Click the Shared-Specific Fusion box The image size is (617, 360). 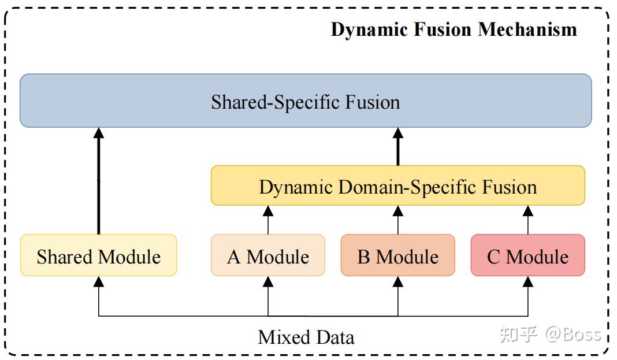tap(306, 101)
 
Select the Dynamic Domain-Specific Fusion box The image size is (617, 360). tap(397, 186)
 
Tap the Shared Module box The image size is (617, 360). tap(98, 255)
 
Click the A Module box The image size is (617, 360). tap(268, 255)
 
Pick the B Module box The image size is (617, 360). tap(397, 255)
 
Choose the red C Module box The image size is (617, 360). tap(527, 255)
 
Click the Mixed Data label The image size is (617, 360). tap(306, 337)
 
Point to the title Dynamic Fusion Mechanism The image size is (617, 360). tap(454, 29)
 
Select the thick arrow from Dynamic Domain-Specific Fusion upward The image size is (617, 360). tap(397, 147)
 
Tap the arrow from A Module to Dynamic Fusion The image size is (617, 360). tap(268, 220)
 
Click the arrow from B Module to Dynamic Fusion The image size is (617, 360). tap(397, 220)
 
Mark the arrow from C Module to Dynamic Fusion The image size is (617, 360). tap(527, 220)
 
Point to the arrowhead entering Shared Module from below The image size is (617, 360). tap(98, 281)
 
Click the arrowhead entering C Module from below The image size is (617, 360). tap(527, 281)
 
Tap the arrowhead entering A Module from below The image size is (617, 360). tap(268, 281)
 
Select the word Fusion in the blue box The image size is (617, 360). tap(373, 102)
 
